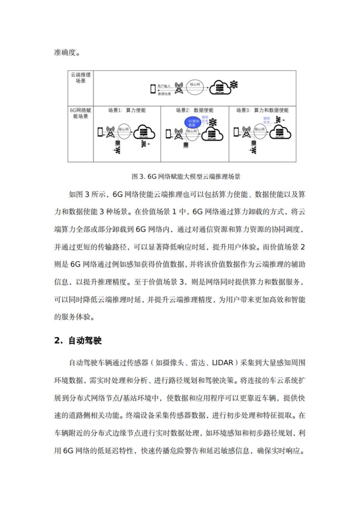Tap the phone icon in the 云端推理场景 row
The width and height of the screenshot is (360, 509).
tap(153, 89)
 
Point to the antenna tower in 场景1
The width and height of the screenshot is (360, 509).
tap(110, 132)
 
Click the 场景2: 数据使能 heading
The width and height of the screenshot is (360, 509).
tap(195, 110)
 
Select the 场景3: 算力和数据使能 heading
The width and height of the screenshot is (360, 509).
tap(262, 110)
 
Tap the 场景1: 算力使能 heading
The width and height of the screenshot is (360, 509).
tap(127, 110)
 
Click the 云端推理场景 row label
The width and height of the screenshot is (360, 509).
tap(80, 78)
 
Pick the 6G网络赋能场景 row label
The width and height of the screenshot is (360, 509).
tap(80, 113)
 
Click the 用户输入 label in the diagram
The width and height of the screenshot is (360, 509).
tap(164, 86)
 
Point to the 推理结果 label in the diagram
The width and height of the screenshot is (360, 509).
tap(164, 94)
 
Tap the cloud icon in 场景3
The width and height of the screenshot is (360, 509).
tap(280, 132)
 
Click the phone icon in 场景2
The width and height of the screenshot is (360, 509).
tap(168, 134)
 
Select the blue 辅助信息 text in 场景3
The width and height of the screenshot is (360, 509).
tap(266, 120)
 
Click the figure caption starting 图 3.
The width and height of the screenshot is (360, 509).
tap(186, 177)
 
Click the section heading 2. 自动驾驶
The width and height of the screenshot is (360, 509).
tap(78, 341)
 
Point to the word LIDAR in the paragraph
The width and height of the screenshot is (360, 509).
tap(222, 363)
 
